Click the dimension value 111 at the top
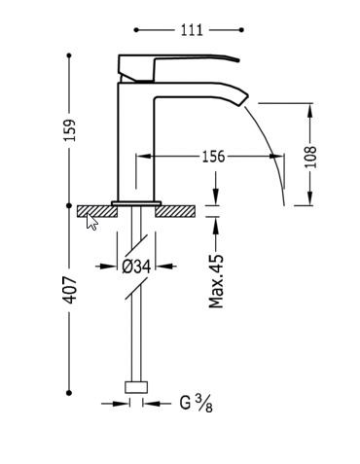(x=193, y=30)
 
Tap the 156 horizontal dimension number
(x=212, y=156)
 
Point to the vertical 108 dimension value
(x=311, y=156)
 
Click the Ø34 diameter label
(x=136, y=266)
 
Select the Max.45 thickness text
(x=216, y=281)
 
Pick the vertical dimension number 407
(x=70, y=289)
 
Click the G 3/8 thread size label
(x=196, y=403)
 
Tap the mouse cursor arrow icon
(x=91, y=221)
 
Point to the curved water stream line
(x=271, y=146)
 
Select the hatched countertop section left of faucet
(x=95, y=210)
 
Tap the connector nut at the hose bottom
(x=136, y=387)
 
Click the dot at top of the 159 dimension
(x=70, y=55)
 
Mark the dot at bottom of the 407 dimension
(x=70, y=393)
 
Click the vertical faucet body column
(x=136, y=146)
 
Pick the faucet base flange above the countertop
(x=136, y=203)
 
